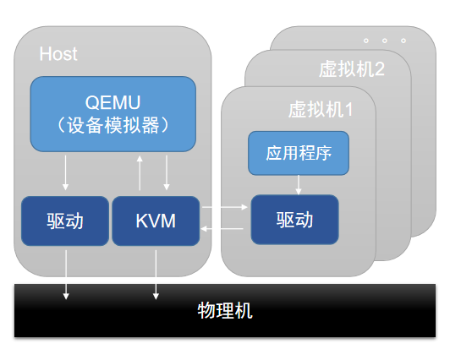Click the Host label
coord(58,54)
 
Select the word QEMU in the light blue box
coord(112,102)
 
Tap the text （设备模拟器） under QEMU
coord(112,125)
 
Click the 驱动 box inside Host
coord(65,221)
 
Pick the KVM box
coord(156,221)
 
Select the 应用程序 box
coord(298,153)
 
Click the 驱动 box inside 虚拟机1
coord(294,220)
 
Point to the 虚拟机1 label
coord(320,110)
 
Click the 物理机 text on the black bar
coord(224,310)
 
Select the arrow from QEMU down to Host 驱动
coord(66,174)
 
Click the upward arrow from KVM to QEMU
coord(140,174)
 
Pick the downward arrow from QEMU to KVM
coord(167,174)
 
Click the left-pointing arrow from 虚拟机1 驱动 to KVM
coord(225,229)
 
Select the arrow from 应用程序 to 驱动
coord(298,184)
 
